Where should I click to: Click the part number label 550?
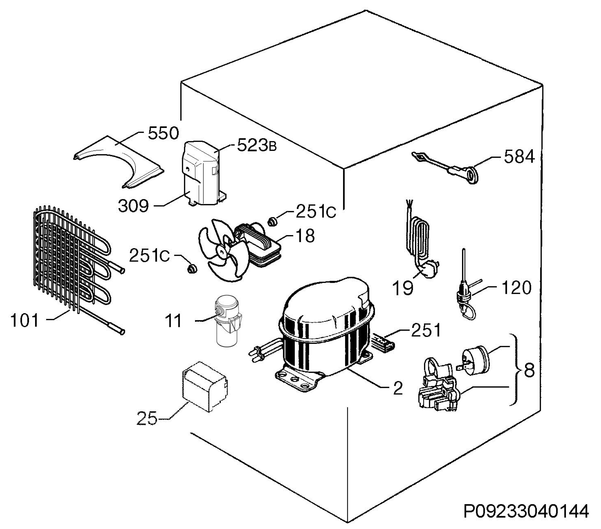click(x=163, y=133)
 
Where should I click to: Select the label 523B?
click(x=257, y=145)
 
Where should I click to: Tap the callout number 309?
click(x=133, y=206)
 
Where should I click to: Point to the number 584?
click(x=519, y=157)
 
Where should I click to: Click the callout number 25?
click(x=147, y=418)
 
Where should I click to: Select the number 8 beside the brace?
click(x=529, y=371)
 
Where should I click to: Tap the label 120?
click(x=516, y=288)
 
